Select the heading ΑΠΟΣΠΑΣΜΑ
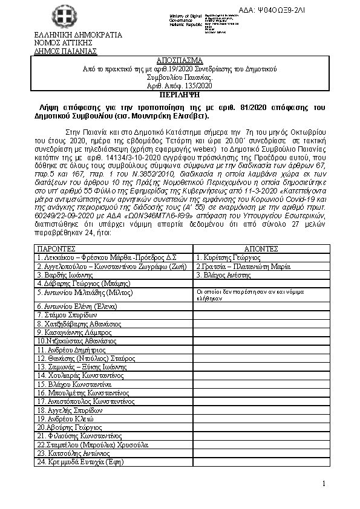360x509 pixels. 180,62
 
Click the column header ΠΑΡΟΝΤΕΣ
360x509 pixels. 57,248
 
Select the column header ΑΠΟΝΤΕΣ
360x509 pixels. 261,248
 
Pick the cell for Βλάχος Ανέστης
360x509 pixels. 223,274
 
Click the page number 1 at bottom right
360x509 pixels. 324,484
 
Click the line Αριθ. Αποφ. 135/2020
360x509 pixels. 180,86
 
